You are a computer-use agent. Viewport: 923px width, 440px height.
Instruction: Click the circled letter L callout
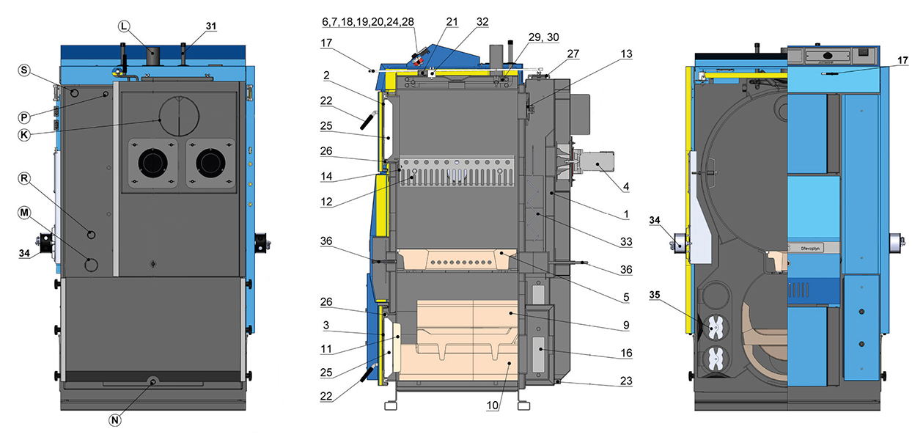[123, 25]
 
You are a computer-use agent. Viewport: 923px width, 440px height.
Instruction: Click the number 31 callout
[211, 26]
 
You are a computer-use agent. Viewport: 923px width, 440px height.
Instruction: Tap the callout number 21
[452, 22]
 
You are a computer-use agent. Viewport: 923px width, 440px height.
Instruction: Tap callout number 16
[625, 353]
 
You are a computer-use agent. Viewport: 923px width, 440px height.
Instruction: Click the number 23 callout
[625, 380]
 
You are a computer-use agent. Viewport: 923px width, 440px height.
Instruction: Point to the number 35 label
[656, 296]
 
